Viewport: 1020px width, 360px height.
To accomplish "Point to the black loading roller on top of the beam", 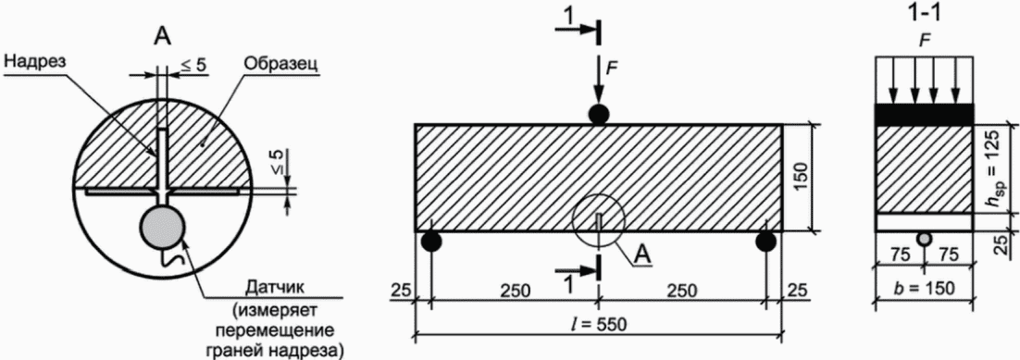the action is tap(599, 115).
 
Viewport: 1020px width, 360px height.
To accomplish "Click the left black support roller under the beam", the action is tap(431, 242).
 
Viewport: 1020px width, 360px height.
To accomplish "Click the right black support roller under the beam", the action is tap(765, 242).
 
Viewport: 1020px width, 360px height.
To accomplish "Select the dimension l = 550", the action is tap(599, 325).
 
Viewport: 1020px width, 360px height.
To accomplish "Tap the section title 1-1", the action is tap(925, 13).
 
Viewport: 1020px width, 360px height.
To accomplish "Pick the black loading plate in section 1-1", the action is tap(925, 114).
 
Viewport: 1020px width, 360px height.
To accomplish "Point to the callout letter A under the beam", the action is tap(644, 255).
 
